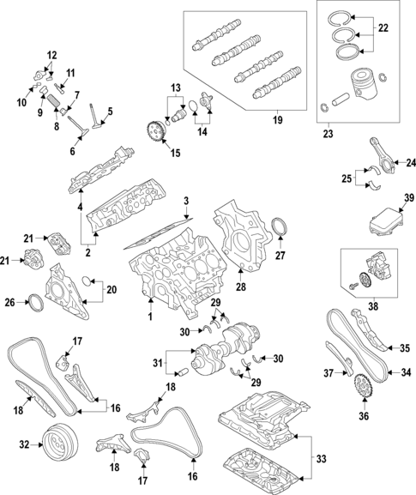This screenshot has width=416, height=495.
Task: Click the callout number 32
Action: (24, 444)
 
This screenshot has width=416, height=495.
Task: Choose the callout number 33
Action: (321, 460)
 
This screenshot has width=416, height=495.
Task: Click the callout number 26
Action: (10, 301)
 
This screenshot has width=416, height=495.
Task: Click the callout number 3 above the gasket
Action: (185, 200)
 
